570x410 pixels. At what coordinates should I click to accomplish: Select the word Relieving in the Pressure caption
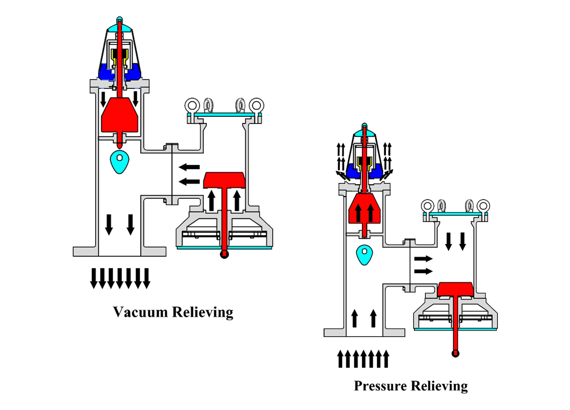point(440,386)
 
